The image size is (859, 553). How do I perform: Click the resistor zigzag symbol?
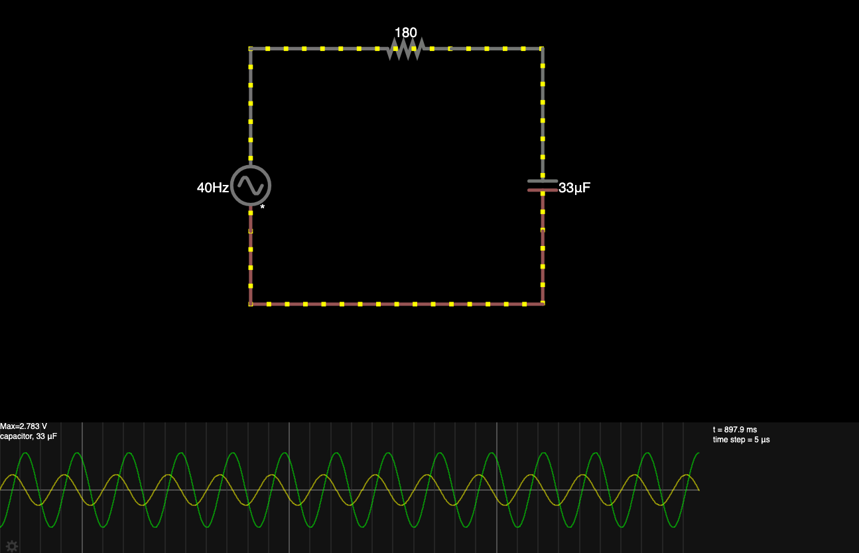point(406,48)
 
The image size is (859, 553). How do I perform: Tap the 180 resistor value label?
point(406,32)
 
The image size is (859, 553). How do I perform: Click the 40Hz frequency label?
point(213,188)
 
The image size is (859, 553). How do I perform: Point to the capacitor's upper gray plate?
point(543,180)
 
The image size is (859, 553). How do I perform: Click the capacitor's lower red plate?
point(543,190)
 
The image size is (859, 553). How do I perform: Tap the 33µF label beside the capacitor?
point(574,188)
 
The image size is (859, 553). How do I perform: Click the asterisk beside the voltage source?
point(262,208)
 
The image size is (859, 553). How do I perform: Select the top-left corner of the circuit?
point(251,48)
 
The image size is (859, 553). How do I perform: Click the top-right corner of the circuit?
point(543,48)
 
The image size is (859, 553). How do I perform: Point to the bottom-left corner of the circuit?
point(251,304)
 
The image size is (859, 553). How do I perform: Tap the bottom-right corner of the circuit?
point(543,304)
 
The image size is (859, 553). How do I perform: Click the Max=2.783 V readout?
point(24,426)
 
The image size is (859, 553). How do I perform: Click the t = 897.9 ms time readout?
point(734,430)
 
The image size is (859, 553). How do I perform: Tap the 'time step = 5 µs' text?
point(741,440)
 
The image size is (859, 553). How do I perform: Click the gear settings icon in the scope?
point(12,546)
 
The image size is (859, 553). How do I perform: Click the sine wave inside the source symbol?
point(251,186)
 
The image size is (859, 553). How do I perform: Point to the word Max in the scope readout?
point(7,426)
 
